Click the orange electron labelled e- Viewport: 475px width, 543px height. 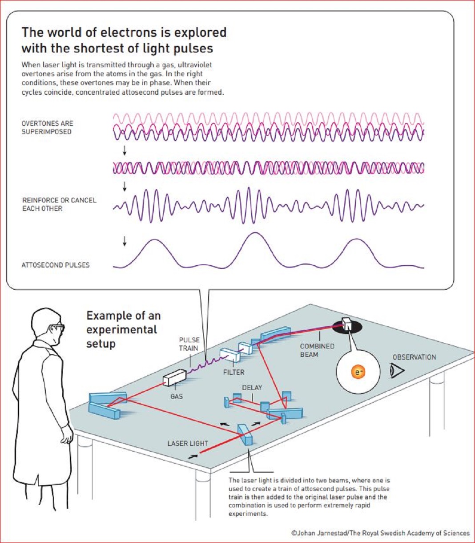(358, 372)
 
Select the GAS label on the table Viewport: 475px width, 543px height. (177, 396)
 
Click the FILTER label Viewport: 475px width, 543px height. (233, 373)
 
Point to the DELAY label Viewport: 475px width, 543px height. (252, 388)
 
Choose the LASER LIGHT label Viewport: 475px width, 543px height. (188, 443)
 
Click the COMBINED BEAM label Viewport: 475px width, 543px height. (317, 350)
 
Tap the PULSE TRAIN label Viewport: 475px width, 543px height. (189, 344)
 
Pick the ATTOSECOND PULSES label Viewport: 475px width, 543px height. (56, 265)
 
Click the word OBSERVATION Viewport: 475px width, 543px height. (414, 357)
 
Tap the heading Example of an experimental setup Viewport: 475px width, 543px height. (124, 329)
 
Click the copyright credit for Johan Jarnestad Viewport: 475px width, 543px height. (380, 533)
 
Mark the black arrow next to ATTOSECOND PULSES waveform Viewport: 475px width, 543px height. (125, 241)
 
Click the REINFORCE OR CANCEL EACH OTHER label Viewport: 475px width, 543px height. (59, 204)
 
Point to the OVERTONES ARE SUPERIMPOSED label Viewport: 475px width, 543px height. (47, 127)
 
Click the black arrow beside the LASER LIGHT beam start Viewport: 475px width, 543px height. (193, 457)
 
